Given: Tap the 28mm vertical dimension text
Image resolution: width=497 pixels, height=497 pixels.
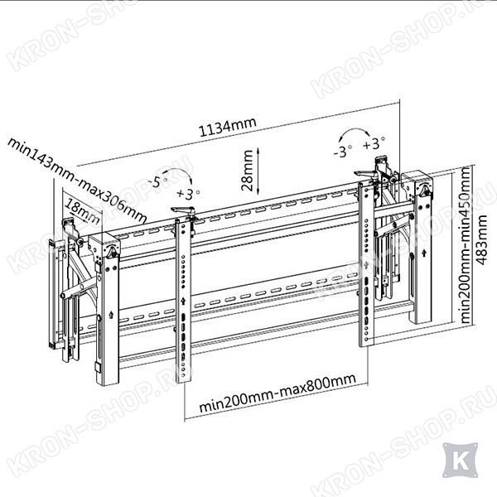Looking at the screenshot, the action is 247,171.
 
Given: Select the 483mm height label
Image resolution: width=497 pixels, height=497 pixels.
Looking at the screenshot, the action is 482,239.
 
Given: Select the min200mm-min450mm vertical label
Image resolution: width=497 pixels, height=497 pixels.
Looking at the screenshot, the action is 465,245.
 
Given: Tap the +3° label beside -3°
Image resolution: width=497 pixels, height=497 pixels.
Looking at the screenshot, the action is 374,143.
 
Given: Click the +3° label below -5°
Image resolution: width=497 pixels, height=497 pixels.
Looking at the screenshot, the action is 188,193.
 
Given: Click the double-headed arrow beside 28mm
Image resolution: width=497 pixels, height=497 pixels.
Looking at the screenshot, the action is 258,171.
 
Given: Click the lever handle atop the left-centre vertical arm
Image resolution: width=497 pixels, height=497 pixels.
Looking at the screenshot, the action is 183,210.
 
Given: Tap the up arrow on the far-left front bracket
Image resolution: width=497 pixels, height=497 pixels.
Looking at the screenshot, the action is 111,315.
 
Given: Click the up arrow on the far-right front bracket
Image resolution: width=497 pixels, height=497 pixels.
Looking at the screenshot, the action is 424,253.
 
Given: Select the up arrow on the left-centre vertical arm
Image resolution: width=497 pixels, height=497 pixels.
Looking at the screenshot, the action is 183,302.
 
